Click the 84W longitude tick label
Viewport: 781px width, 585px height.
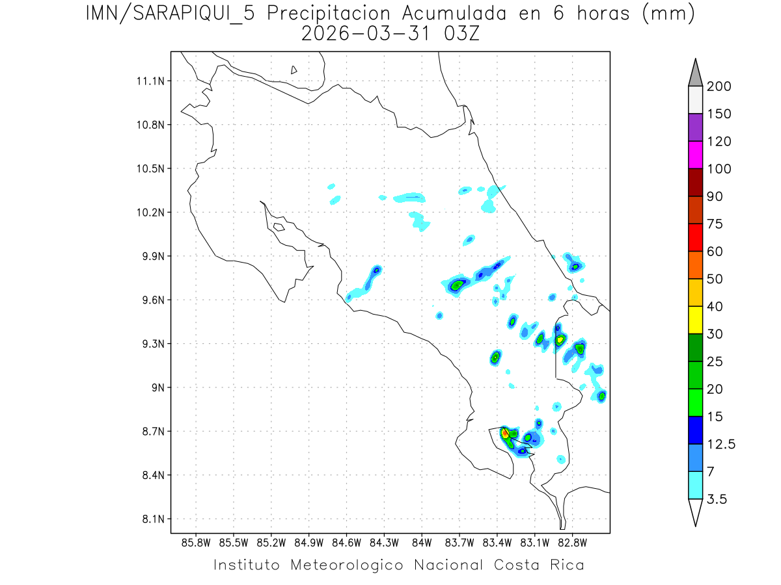click(422, 542)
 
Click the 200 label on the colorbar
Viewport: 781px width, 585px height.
click(719, 86)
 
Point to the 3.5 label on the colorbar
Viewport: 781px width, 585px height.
click(717, 499)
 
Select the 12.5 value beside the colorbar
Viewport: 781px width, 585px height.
click(720, 444)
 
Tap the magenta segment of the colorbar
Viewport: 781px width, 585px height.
click(695, 155)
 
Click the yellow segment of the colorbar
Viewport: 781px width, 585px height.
click(695, 320)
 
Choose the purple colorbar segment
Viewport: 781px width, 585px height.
click(695, 127)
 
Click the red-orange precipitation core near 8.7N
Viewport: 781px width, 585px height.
click(505, 434)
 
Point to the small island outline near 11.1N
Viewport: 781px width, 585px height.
click(294, 70)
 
